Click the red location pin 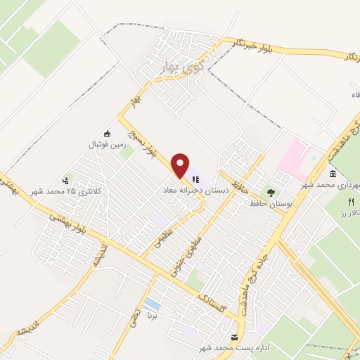(181, 164)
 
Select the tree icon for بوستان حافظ (269, 191)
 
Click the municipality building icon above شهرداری (332, 174)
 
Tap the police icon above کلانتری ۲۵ (67, 180)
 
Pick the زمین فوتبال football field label (105, 145)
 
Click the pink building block (293, 156)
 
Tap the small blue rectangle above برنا (152, 304)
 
